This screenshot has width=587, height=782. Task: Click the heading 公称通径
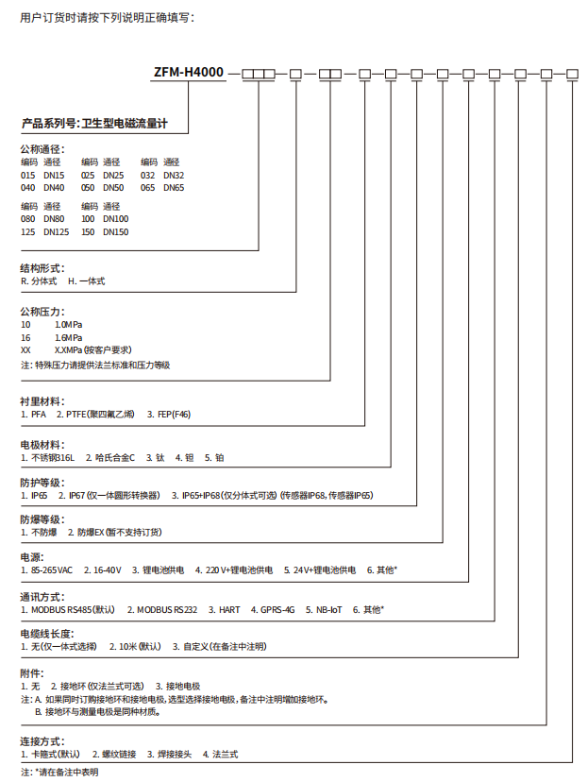42,149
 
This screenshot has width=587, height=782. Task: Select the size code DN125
57,231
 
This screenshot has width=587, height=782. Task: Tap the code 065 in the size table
148,187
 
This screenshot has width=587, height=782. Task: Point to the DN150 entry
115,231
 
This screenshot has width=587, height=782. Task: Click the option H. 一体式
86,281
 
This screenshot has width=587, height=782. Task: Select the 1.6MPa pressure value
68,337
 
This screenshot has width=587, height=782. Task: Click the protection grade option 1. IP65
35,495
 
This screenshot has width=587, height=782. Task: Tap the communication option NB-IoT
326,609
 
